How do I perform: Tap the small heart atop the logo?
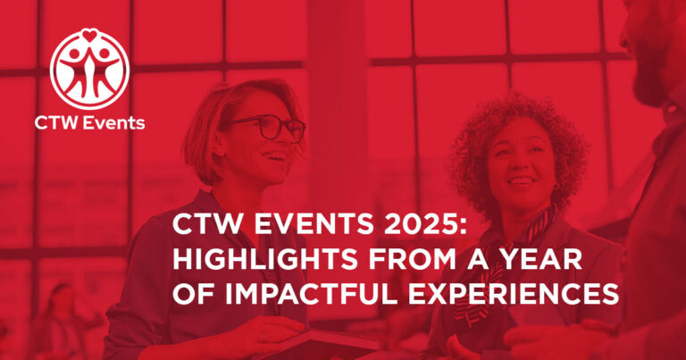click(x=89, y=37)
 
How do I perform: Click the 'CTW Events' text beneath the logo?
click(x=89, y=123)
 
